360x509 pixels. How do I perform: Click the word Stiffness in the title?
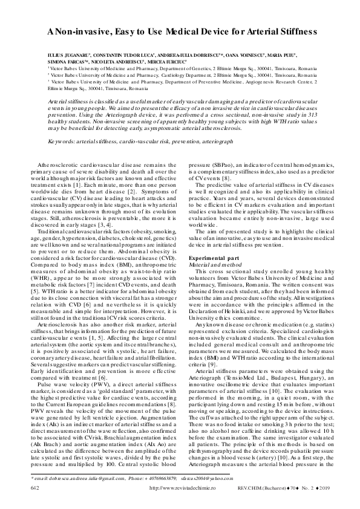coord(292,30)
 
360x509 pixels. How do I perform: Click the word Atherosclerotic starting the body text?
coord(63,164)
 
